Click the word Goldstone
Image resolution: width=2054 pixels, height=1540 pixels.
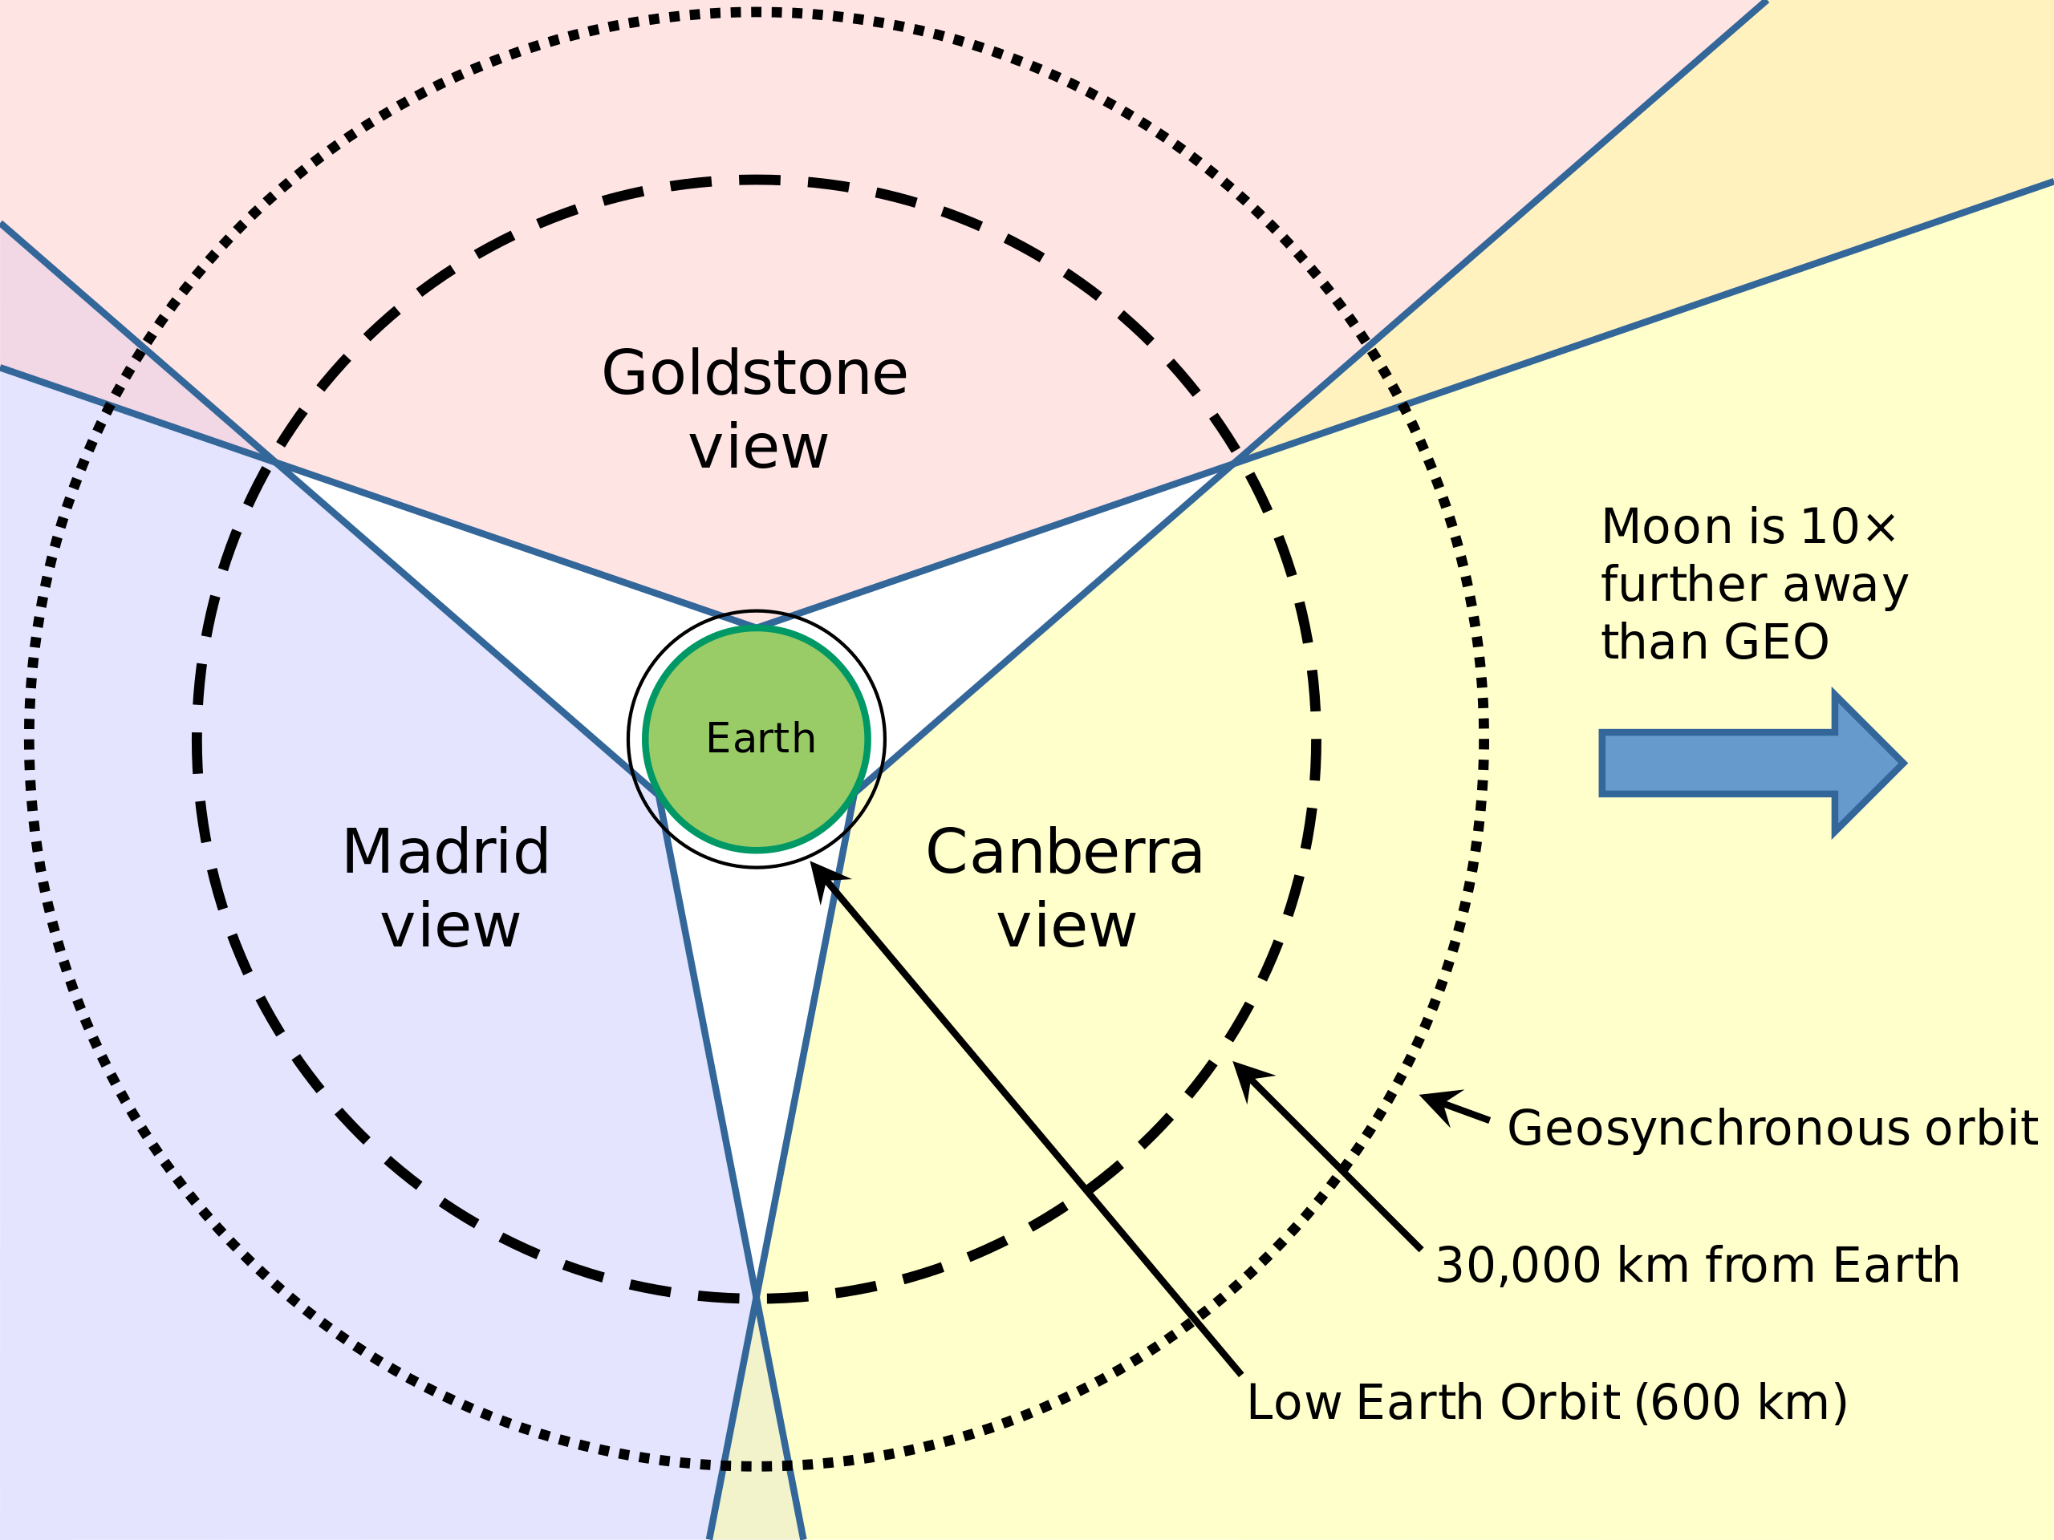754,373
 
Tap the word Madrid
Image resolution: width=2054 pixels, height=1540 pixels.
446,851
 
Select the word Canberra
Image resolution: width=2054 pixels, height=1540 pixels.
1064,851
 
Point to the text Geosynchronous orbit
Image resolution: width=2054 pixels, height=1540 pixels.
1772,1128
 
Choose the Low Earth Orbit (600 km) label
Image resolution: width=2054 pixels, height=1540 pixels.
1546,1402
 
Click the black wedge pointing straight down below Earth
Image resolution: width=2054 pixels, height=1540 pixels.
757,1021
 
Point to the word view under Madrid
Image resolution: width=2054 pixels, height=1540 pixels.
450,926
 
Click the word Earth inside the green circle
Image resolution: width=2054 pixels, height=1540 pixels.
761,739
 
